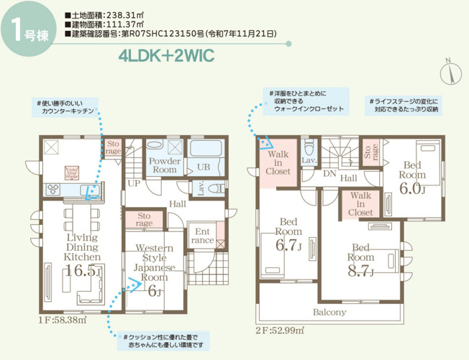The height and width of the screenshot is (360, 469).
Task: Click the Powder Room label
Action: tap(163, 165)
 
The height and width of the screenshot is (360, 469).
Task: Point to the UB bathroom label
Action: tap(204, 167)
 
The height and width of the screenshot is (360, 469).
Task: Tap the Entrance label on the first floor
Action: tap(202, 236)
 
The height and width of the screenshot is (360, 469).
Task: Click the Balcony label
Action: tap(329, 313)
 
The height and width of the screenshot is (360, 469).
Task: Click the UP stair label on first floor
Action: tap(133, 183)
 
